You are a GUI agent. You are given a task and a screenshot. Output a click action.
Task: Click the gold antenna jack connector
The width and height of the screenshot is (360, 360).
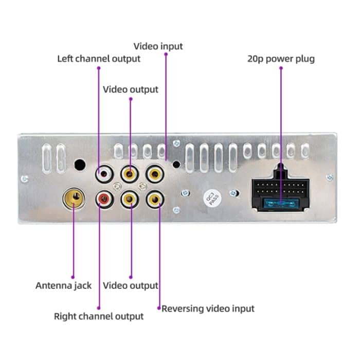tap(74, 198)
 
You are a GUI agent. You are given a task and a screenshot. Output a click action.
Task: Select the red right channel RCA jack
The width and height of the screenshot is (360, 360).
tap(103, 198)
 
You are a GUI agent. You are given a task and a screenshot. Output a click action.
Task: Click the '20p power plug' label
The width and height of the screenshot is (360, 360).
tap(281, 59)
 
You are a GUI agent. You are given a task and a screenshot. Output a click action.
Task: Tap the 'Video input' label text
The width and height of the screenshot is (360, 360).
tap(158, 46)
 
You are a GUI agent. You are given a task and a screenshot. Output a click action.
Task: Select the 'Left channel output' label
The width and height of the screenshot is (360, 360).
tap(99, 58)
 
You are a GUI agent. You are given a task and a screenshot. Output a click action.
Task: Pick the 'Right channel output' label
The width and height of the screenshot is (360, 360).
tap(99, 316)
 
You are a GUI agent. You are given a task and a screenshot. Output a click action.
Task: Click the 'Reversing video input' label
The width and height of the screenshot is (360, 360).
tap(208, 309)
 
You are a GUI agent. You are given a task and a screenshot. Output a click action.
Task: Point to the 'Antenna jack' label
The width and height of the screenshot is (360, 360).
tap(63, 285)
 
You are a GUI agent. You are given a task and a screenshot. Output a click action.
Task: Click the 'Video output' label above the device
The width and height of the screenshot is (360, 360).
tap(131, 89)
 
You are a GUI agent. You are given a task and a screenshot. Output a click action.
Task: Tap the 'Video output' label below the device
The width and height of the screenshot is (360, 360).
tap(131, 285)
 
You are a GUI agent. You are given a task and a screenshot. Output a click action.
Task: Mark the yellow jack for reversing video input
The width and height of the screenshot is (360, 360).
tap(155, 198)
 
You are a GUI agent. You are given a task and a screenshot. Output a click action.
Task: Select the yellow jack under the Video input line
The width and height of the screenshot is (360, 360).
tap(155, 174)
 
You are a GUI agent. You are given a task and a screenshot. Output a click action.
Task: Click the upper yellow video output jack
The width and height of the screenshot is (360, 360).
tap(130, 174)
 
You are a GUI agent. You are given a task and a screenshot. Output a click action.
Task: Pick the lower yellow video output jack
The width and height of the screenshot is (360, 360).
tap(130, 198)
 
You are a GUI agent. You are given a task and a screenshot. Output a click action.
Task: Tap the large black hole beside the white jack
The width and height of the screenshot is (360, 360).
tap(80, 165)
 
